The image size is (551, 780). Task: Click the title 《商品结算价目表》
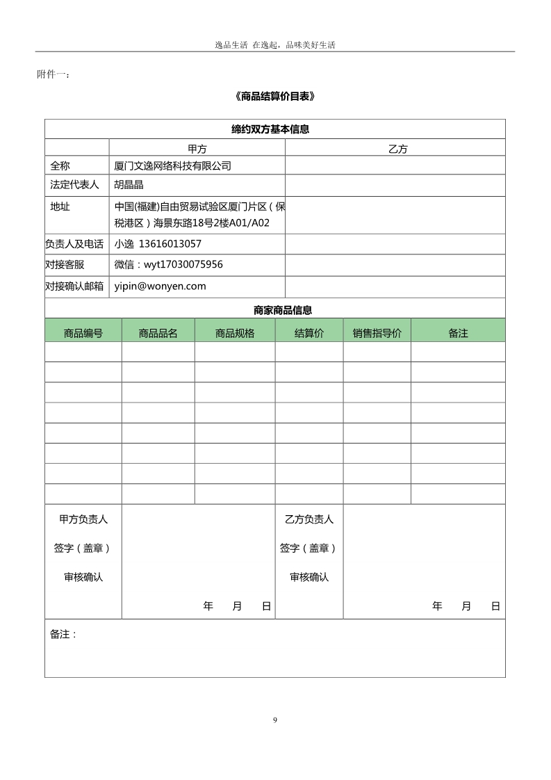click(x=275, y=97)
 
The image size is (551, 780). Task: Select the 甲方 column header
click(x=197, y=148)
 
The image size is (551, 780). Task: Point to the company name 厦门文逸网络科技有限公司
click(x=172, y=166)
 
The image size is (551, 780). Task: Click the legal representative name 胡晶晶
click(x=129, y=185)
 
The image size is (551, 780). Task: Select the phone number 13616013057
click(x=170, y=244)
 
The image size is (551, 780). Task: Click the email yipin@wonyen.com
click(x=161, y=286)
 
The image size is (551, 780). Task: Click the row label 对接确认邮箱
click(x=74, y=286)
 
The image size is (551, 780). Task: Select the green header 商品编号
click(x=83, y=333)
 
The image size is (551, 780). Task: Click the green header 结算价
click(x=309, y=333)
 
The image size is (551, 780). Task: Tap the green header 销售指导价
click(x=377, y=333)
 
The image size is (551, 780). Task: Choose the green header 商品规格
click(x=235, y=333)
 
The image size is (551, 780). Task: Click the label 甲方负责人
click(x=83, y=519)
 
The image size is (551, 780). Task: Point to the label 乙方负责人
click(x=309, y=519)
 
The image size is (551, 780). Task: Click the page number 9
click(x=275, y=720)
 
